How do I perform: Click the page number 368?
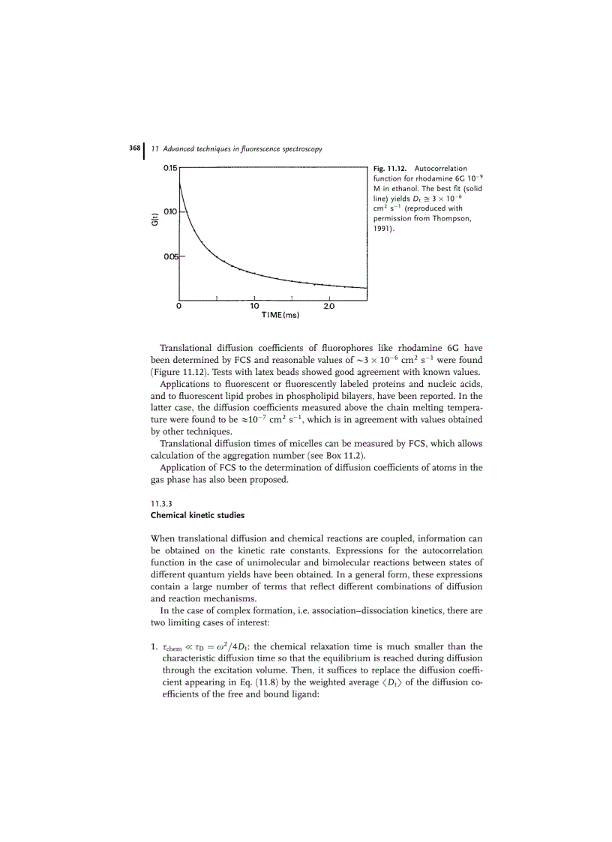pos(135,148)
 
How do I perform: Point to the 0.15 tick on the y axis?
pos(169,169)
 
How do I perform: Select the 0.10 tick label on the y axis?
pos(169,212)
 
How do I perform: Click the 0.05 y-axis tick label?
pos(169,257)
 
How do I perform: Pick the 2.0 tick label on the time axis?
pos(328,307)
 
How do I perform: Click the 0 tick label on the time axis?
pos(178,307)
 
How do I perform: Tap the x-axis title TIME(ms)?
pos(280,316)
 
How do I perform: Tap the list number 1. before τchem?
pos(154,647)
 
